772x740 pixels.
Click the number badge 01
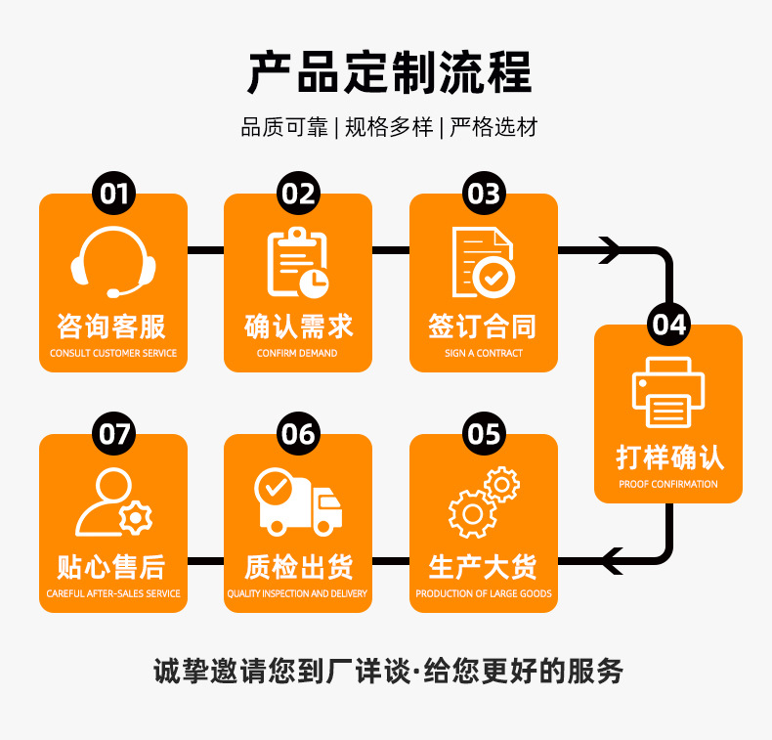pyautogui.click(x=113, y=194)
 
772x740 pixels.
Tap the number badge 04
pyautogui.click(x=669, y=325)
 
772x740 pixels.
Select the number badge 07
pyautogui.click(x=113, y=433)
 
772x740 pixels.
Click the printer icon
pyautogui.click(x=668, y=392)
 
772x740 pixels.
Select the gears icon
pyautogui.click(x=483, y=501)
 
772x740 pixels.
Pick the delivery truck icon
pyautogui.click(x=298, y=501)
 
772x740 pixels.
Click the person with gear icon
pyautogui.click(x=113, y=501)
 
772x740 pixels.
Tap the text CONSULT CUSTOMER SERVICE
pyautogui.click(x=113, y=353)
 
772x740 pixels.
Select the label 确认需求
pyautogui.click(x=298, y=326)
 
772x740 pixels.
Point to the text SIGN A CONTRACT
pyautogui.click(x=483, y=353)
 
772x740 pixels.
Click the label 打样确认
pyautogui.click(x=668, y=457)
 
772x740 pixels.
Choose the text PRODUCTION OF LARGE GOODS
pyautogui.click(x=483, y=593)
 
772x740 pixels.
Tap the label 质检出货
pyautogui.click(x=298, y=567)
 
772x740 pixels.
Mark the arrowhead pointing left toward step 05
pyautogui.click(x=612, y=561)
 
